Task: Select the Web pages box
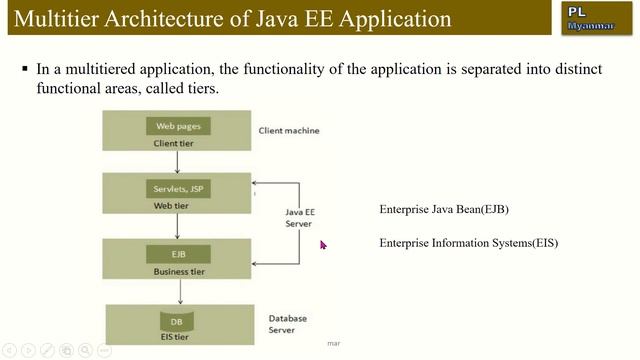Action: pos(177,126)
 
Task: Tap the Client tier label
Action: pos(176,143)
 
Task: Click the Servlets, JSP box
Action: pos(177,188)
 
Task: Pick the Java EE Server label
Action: pos(299,218)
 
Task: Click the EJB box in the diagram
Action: pos(177,254)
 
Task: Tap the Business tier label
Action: pos(177,271)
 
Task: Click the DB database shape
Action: pos(177,322)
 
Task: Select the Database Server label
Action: pos(288,325)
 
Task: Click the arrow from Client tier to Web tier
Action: pos(177,161)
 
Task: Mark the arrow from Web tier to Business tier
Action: pos(177,225)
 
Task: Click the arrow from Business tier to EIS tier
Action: pos(179,291)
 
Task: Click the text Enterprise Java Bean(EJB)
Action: pos(451,210)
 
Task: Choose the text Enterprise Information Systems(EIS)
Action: pos(468,243)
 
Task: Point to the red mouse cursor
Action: pos(323,244)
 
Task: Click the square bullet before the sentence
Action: pos(25,70)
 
